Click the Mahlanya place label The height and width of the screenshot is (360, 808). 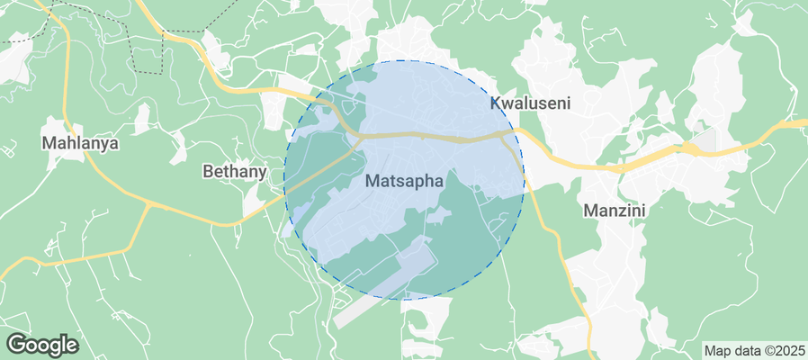pyautogui.click(x=81, y=142)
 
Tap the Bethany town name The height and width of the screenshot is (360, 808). pyautogui.click(x=235, y=170)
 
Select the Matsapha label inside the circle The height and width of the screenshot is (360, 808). pyautogui.click(x=405, y=181)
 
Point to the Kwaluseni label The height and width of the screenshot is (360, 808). pyautogui.click(x=530, y=103)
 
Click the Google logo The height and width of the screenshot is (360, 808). pyautogui.click(x=42, y=344)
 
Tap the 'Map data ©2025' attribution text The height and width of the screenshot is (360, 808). pyautogui.click(x=754, y=350)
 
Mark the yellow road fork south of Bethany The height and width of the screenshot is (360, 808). pyautogui.click(x=148, y=206)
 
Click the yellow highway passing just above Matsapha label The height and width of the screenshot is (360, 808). pyautogui.click(x=405, y=136)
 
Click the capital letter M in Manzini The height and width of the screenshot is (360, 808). pyautogui.click(x=591, y=211)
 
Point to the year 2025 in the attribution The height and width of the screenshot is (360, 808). pyautogui.click(x=789, y=350)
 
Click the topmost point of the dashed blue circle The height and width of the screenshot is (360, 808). pyautogui.click(x=404, y=60)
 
